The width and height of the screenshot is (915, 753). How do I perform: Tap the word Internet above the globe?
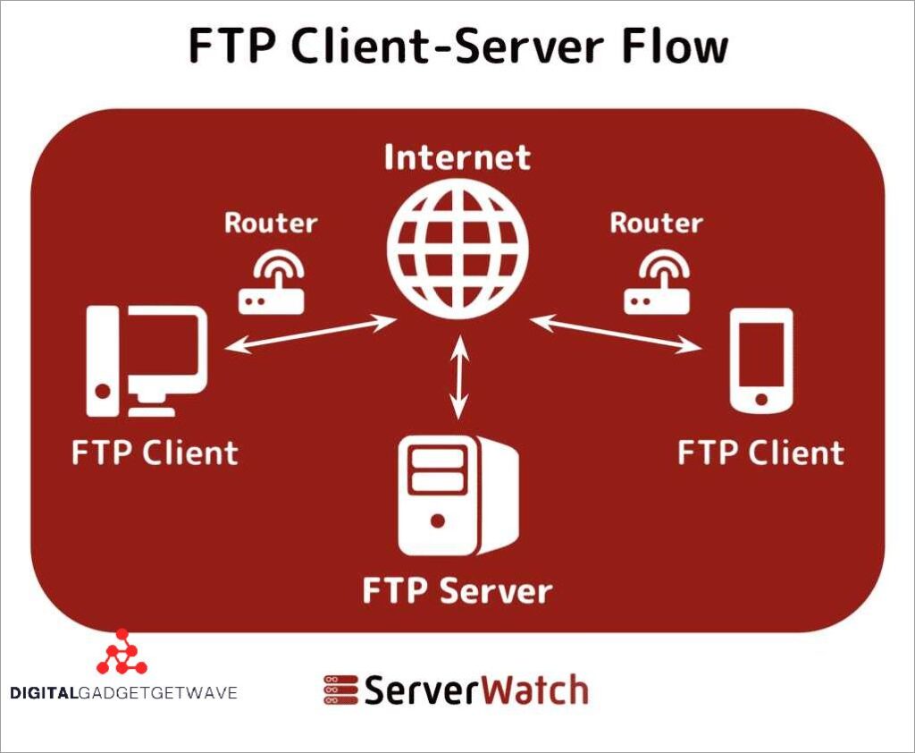(x=457, y=157)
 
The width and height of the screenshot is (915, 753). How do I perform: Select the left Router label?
(x=271, y=223)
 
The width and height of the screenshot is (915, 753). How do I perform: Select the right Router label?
(x=656, y=223)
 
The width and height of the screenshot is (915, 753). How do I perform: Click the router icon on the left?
(x=272, y=283)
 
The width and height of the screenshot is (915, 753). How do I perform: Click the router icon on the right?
(x=657, y=283)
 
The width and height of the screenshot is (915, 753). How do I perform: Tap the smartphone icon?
(x=760, y=360)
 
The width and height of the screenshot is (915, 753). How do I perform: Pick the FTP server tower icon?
(x=457, y=495)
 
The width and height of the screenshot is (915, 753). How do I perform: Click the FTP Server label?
(x=457, y=591)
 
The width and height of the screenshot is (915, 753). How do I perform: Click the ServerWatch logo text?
(x=474, y=690)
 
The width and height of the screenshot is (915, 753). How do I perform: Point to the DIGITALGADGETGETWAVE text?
(x=123, y=692)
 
